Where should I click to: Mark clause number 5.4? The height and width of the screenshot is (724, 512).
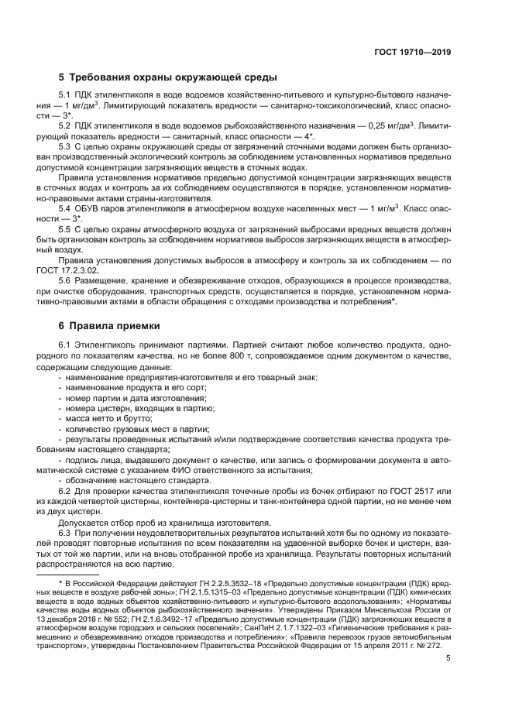tap(66, 208)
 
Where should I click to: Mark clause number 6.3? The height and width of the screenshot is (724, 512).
tap(66, 534)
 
